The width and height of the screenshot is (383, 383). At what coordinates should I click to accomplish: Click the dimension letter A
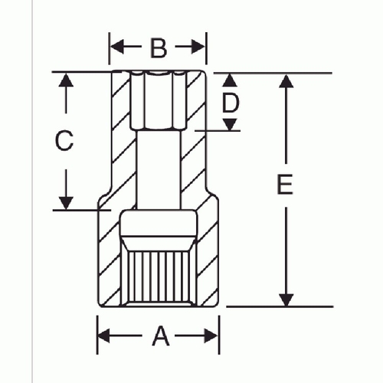coord(161,336)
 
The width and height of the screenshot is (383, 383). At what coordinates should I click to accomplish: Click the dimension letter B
coord(159,47)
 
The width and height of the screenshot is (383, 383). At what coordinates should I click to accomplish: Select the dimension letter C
coord(64,140)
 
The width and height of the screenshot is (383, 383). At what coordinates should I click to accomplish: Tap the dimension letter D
coord(231,103)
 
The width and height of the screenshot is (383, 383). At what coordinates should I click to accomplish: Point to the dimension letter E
coord(285,184)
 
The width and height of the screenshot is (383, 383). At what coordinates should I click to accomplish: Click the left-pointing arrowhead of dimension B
coord(117,47)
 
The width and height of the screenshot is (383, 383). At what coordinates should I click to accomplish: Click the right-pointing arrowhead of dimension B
coord(198,47)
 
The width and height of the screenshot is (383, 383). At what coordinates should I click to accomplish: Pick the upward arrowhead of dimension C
coord(66,80)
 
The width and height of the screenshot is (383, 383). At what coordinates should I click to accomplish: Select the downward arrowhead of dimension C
coord(66,203)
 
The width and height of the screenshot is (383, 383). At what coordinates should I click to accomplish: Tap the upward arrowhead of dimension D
coord(230,80)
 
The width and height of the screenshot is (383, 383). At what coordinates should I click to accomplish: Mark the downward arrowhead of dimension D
coord(230,125)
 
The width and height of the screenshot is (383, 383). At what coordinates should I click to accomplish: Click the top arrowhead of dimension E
coord(286,81)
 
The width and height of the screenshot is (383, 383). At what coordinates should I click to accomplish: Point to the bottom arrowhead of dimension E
coord(286,300)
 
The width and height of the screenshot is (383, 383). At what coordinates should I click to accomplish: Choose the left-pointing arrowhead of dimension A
coord(104,336)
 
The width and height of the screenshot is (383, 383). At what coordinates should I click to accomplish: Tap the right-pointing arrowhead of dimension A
coord(211,336)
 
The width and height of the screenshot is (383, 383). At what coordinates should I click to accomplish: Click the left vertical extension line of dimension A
coord(97,335)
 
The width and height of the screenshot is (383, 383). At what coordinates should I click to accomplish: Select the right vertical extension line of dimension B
coord(206,48)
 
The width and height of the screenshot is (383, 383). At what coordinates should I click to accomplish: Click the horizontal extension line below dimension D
coord(218,131)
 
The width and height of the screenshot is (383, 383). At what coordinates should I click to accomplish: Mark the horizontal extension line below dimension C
coord(82,210)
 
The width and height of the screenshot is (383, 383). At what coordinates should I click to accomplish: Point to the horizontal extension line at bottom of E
coord(280,306)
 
